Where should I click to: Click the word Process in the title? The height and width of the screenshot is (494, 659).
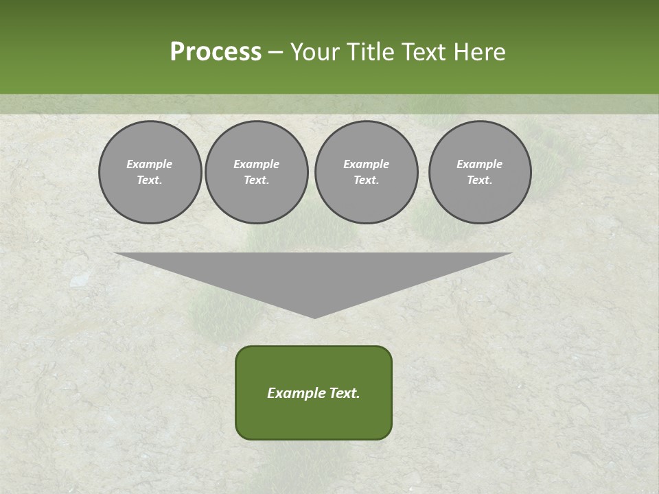click(x=216, y=52)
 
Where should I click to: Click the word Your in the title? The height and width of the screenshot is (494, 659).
click(x=316, y=52)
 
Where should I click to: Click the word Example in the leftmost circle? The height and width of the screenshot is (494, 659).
click(x=150, y=164)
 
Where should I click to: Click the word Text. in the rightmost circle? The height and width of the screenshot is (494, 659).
click(x=480, y=180)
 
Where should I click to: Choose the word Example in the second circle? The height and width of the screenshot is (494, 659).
click(x=257, y=164)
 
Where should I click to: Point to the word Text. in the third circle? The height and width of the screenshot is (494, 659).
click(x=367, y=180)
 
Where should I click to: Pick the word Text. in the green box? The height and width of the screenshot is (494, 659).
click(x=345, y=393)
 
